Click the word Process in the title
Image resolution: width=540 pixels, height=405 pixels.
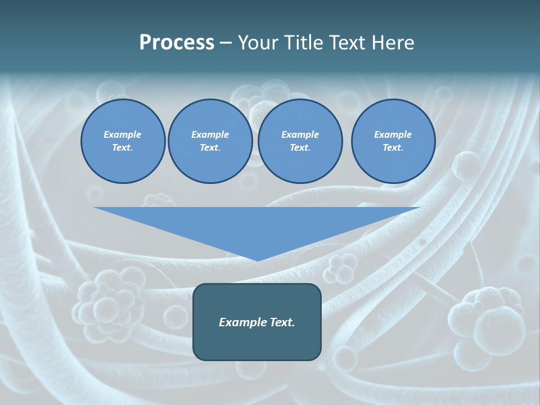point(177,43)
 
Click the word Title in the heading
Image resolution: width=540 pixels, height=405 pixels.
point(303,43)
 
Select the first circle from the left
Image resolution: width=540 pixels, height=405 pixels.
point(123,141)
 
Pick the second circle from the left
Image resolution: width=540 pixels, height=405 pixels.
point(210,141)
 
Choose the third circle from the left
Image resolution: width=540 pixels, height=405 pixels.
point(300,141)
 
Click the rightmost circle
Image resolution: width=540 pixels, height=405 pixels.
point(393,141)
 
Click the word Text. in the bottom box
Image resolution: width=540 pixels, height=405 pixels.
point(281,322)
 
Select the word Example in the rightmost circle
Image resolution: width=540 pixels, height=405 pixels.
point(393,134)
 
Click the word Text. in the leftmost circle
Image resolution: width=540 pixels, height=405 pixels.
point(123,148)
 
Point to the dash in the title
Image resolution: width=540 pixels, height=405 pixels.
point(226,43)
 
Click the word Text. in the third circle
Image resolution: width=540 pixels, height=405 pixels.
point(300,148)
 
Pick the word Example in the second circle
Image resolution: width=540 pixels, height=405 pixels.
point(210,134)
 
